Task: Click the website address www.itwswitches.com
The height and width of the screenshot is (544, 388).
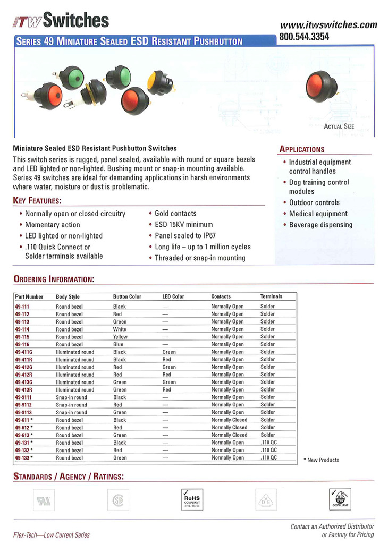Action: click(328, 24)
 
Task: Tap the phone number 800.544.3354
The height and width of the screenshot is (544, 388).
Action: click(304, 37)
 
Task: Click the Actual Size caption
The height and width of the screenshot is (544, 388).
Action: click(339, 126)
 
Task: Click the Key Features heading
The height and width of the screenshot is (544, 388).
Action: click(37, 201)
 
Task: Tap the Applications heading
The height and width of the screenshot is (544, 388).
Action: click(302, 149)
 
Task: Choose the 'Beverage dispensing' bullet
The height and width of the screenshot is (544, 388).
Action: click(320, 225)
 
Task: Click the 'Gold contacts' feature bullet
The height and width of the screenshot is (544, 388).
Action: click(175, 213)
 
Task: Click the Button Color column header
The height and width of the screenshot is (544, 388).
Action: click(127, 296)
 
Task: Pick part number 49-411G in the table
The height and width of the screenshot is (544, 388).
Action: click(24, 352)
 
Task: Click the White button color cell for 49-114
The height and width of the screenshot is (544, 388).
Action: click(120, 329)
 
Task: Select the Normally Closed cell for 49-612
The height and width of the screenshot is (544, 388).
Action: click(229, 427)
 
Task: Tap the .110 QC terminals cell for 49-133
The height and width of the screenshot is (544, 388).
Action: click(268, 457)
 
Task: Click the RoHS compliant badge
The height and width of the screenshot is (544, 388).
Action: click(191, 499)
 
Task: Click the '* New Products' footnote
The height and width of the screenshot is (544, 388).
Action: click(321, 460)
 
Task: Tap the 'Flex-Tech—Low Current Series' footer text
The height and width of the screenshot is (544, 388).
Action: click(52, 535)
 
